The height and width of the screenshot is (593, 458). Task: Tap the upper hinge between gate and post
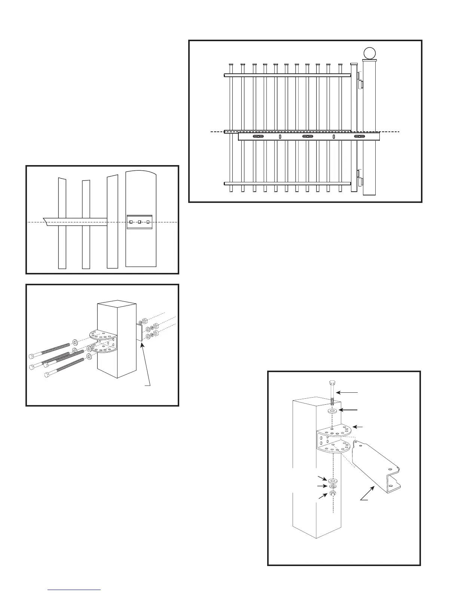coord(360,81)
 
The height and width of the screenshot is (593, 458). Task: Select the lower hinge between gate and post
coord(360,178)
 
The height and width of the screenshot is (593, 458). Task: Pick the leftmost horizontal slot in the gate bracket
coord(258,137)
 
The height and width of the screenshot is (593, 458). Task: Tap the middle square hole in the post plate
coord(139,222)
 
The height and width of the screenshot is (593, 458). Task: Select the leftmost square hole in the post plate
coord(131,222)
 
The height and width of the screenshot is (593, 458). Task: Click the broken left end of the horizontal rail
coord(46,221)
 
